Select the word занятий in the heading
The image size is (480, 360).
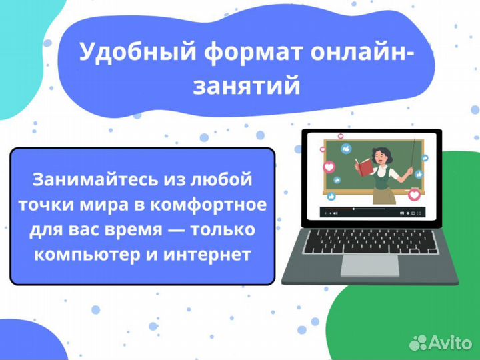point(246,86)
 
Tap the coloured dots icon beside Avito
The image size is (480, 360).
point(419,342)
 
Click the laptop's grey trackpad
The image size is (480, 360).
point(370,265)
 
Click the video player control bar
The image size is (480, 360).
point(369,213)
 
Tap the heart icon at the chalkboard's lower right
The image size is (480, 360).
point(415,195)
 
